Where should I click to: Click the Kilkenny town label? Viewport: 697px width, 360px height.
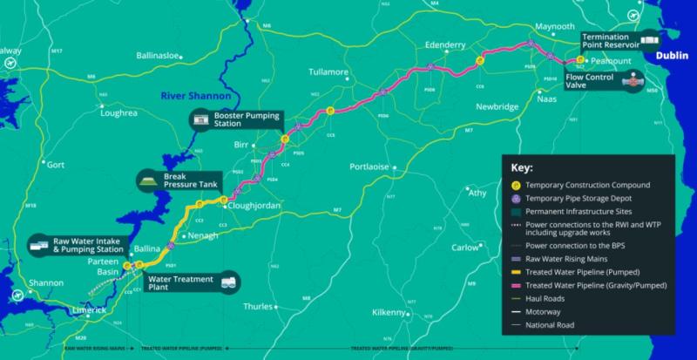pos(389,311)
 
